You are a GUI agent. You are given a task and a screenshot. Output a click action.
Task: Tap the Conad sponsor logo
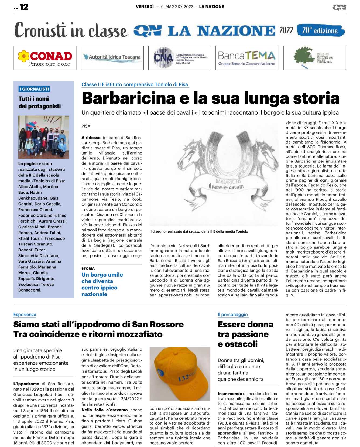(x=45, y=58)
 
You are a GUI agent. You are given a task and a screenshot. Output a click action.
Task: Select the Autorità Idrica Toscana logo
(x=112, y=57)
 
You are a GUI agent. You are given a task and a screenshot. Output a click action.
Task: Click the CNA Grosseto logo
(x=180, y=58)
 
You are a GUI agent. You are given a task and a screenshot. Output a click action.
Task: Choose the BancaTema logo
(x=247, y=58)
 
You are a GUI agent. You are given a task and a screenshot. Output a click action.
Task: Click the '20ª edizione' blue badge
(x=320, y=30)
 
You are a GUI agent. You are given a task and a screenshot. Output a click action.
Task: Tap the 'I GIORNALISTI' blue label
(x=34, y=89)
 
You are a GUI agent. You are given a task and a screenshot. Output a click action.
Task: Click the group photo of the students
(x=44, y=137)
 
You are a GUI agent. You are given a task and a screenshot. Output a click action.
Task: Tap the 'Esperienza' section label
(x=25, y=315)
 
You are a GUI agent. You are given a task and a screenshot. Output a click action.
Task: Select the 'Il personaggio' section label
(x=232, y=315)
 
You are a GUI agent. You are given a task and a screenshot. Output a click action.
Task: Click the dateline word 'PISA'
(x=86, y=126)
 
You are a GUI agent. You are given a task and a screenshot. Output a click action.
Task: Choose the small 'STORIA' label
(x=88, y=268)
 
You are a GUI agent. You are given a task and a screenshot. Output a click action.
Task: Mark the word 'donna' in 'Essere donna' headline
(x=258, y=324)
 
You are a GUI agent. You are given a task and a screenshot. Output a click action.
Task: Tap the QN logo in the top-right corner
(x=339, y=7)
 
